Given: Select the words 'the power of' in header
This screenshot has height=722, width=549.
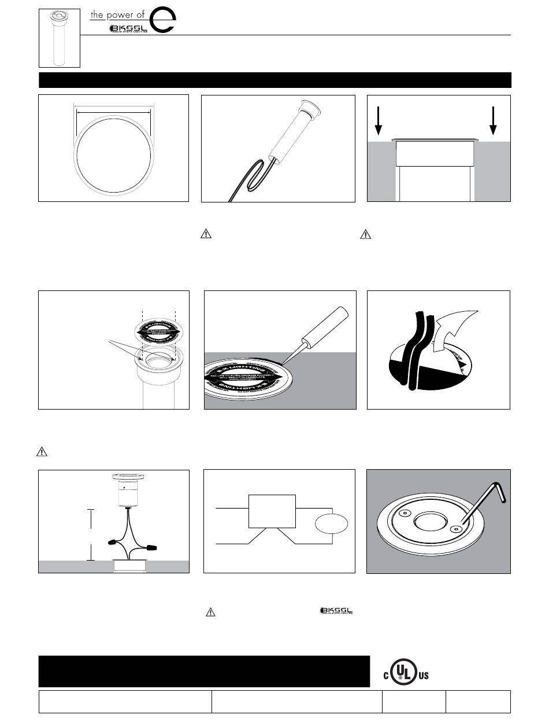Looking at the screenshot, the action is point(117,15).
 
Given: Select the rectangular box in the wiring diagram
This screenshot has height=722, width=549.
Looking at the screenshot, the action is point(272,511).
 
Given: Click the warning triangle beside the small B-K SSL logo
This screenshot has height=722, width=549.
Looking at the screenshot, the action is point(211,612).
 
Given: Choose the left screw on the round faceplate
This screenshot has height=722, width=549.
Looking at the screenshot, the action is point(405,513).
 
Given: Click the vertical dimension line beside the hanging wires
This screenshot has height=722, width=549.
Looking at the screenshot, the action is point(90,535).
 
